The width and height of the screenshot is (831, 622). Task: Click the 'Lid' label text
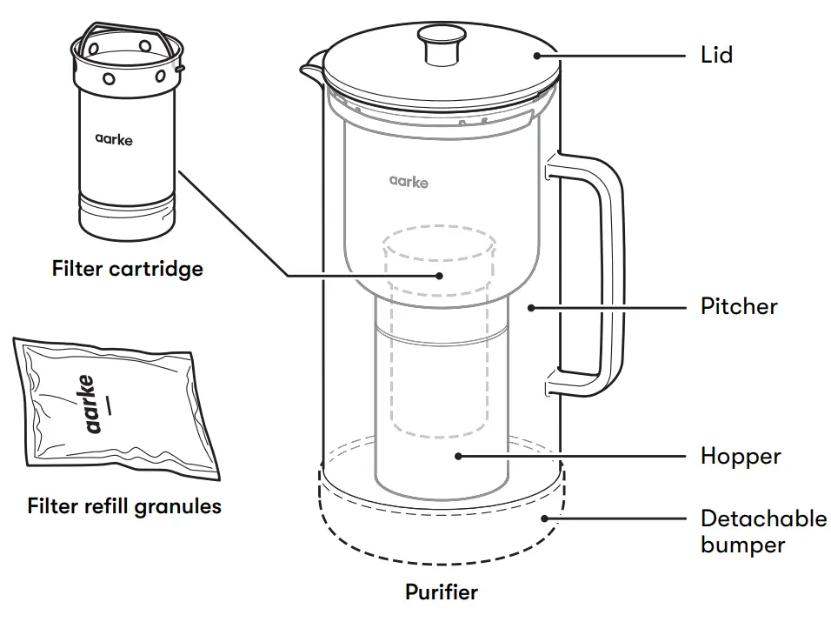[716, 56]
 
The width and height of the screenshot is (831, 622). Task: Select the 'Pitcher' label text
[739, 307]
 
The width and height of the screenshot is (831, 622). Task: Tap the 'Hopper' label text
[741, 456]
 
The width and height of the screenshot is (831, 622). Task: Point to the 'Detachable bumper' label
[763, 532]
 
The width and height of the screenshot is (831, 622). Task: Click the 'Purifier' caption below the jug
[441, 593]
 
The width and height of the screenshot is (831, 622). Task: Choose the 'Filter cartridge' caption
[127, 268]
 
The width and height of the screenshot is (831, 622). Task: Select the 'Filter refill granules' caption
[124, 505]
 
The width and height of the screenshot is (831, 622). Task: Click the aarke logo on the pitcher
[409, 182]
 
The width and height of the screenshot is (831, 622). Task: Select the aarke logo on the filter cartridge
[114, 137]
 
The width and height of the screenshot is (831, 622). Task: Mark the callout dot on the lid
[538, 56]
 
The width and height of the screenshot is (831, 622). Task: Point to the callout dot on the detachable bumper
[546, 518]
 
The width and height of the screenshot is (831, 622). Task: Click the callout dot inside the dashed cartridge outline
[440, 276]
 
